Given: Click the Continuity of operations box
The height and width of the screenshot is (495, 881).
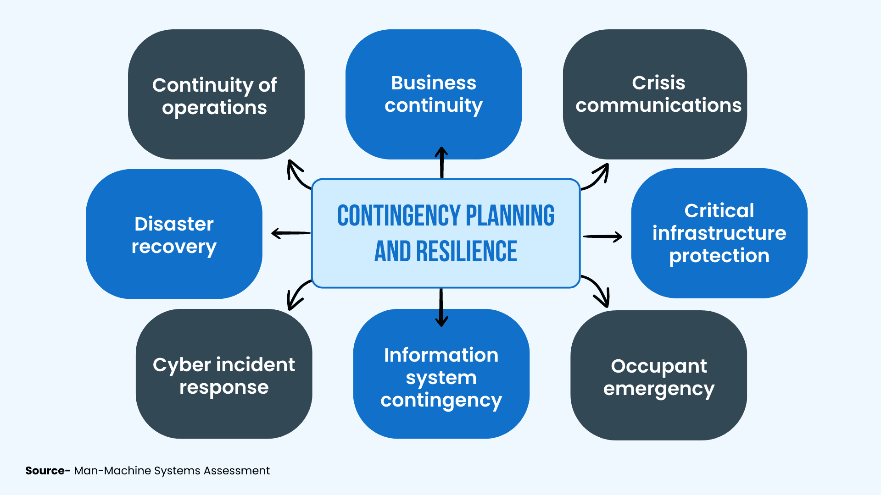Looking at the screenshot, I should point(216,95).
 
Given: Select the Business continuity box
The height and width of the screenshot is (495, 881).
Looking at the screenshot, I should point(434,95).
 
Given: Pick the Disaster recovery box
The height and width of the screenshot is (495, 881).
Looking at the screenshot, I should point(174,234).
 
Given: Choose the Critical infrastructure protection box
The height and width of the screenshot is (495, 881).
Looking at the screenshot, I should point(719,233).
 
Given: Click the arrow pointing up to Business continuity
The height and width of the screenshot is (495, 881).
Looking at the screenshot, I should point(441,163).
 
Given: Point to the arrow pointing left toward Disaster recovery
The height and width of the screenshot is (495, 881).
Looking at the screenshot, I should point(290,233).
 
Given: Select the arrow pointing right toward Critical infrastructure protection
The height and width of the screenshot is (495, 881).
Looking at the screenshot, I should point(602,236).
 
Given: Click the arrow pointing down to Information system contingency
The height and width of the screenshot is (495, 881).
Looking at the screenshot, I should point(441,307).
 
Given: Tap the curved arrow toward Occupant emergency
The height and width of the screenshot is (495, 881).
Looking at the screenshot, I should point(598,290).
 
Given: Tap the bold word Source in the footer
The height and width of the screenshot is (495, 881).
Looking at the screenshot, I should point(45,471).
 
